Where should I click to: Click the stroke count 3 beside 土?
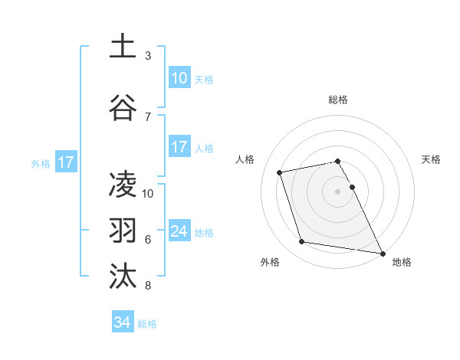[148, 56]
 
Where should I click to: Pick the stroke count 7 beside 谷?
[148, 116]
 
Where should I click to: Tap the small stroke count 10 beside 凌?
[149, 193]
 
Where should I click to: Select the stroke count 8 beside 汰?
[148, 286]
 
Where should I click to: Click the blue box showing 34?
[123, 323]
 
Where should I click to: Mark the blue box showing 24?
[179, 231]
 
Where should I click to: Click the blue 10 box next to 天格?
[179, 78]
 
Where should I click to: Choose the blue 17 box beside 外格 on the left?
[65, 162]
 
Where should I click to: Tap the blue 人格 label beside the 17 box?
[204, 148]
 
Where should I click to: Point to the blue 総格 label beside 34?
[147, 324]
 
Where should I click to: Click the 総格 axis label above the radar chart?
[338, 100]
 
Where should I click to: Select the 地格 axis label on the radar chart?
[402, 262]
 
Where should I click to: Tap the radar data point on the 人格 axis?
[280, 172]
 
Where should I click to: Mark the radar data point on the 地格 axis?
[382, 253]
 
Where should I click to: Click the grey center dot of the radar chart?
[338, 191]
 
